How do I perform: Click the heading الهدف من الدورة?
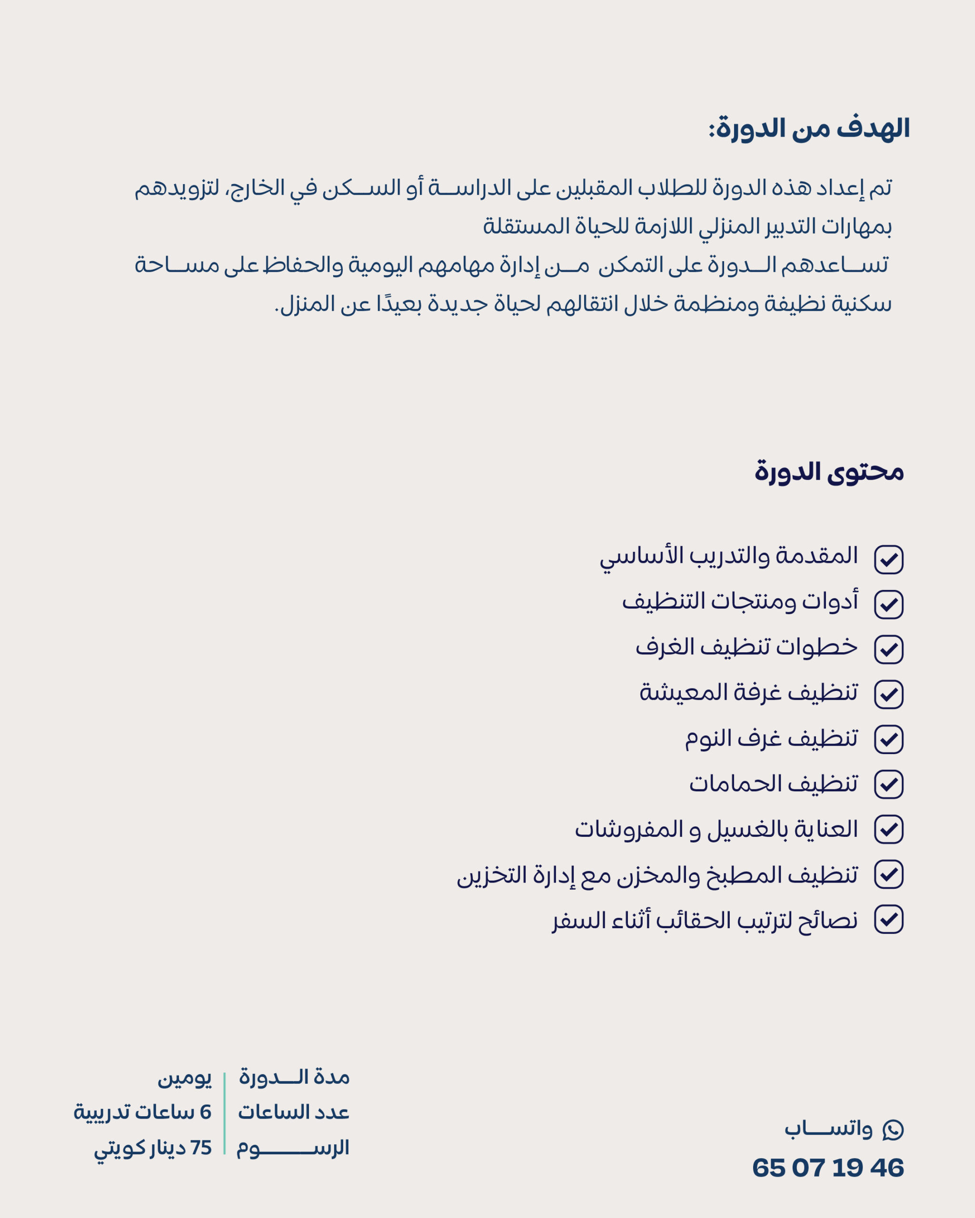click(x=809, y=129)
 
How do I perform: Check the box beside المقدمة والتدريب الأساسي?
click(x=888, y=560)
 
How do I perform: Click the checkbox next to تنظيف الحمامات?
click(x=888, y=785)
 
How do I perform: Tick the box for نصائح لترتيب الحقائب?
click(x=888, y=920)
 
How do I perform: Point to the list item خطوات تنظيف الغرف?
click(x=746, y=648)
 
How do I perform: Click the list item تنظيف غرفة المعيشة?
click(x=748, y=693)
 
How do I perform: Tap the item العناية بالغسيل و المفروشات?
click(x=716, y=829)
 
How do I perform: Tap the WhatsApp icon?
click(x=893, y=1130)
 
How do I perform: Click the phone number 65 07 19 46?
click(x=827, y=1168)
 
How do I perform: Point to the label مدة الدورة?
click(x=294, y=1077)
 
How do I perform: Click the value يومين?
click(x=184, y=1079)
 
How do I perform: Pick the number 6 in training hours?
click(x=206, y=1112)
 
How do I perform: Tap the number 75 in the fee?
click(x=200, y=1148)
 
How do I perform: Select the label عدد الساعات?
click(x=293, y=1112)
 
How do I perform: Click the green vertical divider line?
click(x=224, y=1113)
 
